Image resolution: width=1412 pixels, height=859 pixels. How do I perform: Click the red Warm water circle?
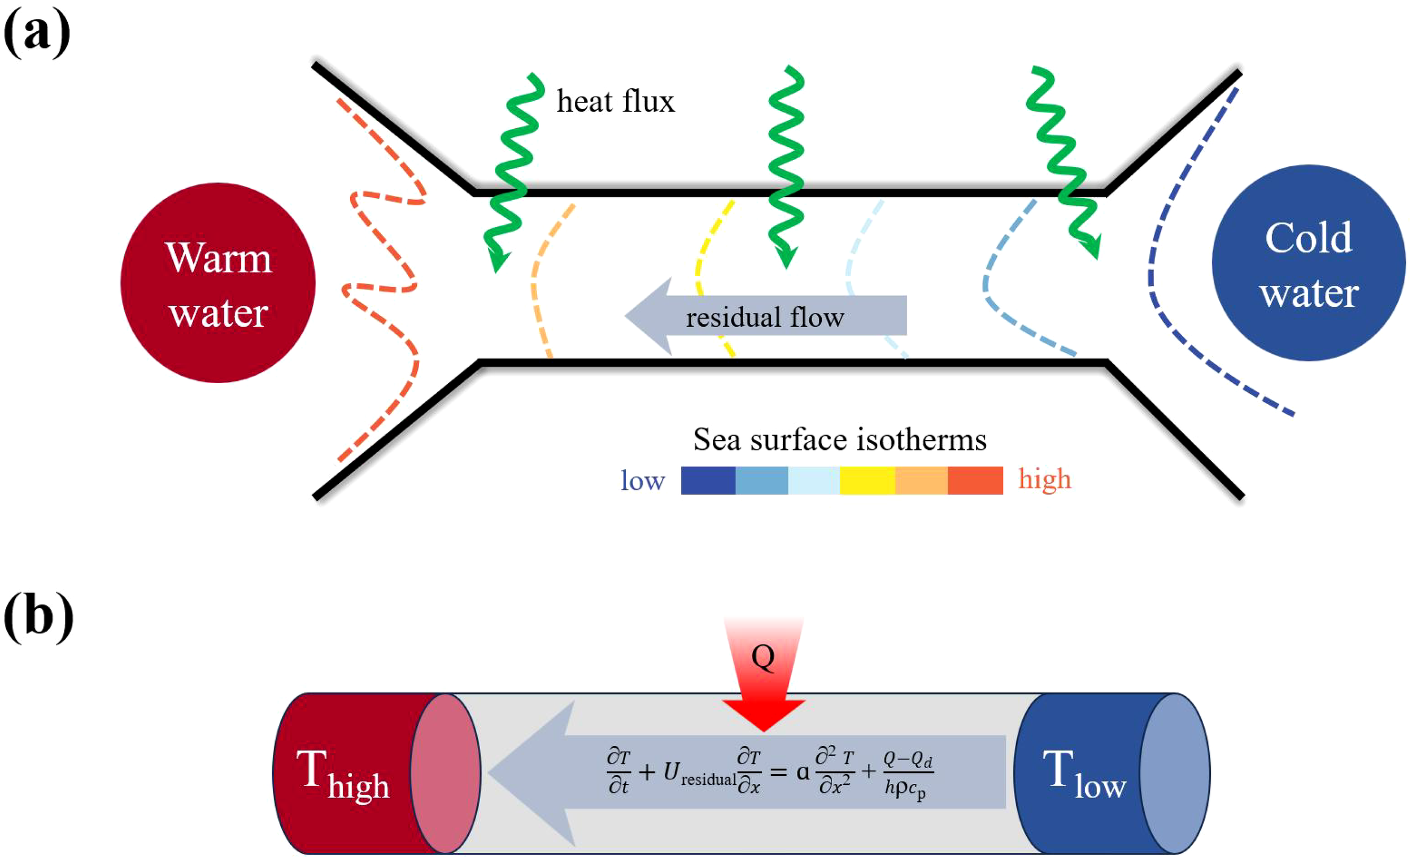click(x=218, y=283)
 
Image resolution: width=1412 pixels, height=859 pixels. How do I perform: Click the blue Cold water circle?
click(x=1308, y=263)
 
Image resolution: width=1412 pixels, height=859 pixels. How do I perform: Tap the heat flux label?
click(x=616, y=102)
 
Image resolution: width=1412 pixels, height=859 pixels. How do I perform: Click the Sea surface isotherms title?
click(x=839, y=440)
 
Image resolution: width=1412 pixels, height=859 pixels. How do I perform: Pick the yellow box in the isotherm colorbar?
click(x=867, y=480)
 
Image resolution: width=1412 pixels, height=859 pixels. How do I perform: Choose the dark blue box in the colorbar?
click(x=708, y=480)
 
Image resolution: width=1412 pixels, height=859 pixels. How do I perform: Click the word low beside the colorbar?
click(x=642, y=480)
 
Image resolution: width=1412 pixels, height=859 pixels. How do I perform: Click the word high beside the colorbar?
click(x=1044, y=479)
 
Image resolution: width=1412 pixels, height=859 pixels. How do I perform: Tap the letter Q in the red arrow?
click(x=762, y=657)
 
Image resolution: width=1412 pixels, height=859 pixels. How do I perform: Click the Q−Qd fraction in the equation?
click(x=908, y=773)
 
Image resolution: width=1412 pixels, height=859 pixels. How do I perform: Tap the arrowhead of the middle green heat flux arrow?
click(x=786, y=257)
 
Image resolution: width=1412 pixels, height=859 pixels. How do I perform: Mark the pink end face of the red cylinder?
click(x=445, y=773)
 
